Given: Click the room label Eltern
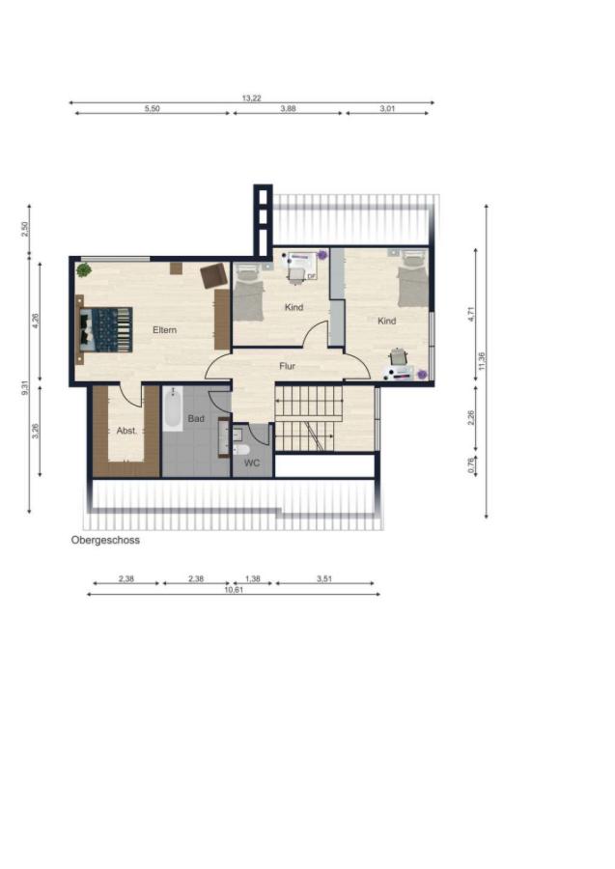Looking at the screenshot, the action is point(164,330).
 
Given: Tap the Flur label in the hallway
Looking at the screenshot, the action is point(287,366).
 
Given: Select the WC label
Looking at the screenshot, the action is point(252,463).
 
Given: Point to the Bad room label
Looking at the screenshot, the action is point(196,418).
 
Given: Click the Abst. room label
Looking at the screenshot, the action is point(126,430).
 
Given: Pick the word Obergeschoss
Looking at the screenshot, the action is point(105,540).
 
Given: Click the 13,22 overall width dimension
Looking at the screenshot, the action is point(252,98).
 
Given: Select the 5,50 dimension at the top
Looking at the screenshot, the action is point(152,108).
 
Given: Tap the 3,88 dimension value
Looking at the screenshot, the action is point(288,108).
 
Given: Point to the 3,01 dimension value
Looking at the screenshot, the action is point(387,108).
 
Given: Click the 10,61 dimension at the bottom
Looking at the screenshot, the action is point(234,590).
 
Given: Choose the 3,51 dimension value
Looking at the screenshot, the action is point(324,578).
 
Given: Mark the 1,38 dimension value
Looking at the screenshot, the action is point(253,578).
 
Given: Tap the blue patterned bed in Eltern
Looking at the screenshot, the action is point(106,330).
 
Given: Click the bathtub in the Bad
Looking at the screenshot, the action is point(173,409).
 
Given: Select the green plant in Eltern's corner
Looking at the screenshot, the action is point(84,270).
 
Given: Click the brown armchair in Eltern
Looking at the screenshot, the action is point(214,275).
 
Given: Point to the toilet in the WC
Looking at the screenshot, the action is point(241,449).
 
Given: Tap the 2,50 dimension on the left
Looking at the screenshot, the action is point(24,229).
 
